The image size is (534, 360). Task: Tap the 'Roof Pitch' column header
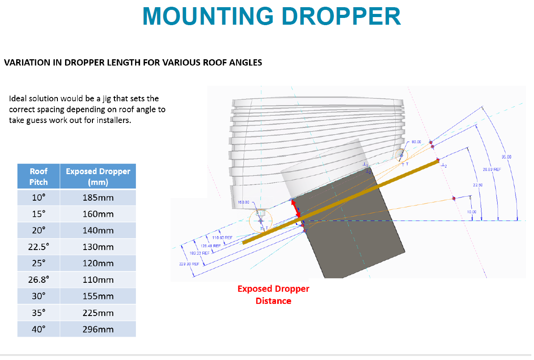(39, 176)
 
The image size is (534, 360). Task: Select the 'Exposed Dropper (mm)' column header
(98, 176)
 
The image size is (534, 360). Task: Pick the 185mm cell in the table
(98, 198)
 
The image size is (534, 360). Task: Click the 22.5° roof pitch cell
(39, 247)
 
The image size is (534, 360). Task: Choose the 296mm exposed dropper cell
(98, 329)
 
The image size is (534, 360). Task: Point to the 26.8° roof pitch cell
(39, 280)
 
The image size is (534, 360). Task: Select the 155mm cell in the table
(98, 296)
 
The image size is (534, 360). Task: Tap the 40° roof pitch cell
(39, 329)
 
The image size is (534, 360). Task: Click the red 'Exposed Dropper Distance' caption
(273, 295)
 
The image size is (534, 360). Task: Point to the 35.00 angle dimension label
(506, 157)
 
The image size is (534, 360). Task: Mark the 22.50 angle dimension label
(477, 185)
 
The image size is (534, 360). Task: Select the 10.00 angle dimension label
(472, 211)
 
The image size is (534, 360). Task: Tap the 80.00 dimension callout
(416, 142)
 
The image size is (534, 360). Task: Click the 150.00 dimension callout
(243, 203)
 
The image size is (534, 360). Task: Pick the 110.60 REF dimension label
(222, 237)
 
